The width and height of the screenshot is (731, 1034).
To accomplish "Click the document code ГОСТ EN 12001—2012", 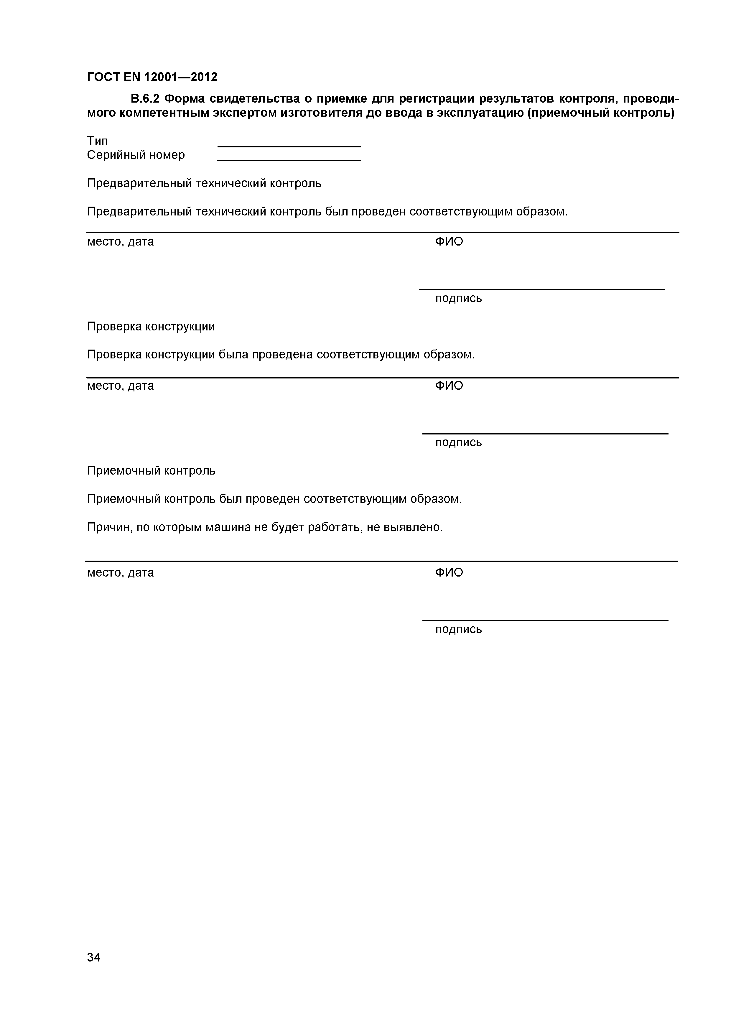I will pyautogui.click(x=152, y=78).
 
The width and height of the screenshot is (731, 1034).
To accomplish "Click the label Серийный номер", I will pyautogui.click(x=136, y=155).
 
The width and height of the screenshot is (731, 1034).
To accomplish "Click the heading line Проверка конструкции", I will pyautogui.click(x=151, y=327).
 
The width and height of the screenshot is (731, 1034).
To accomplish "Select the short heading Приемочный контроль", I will pyautogui.click(x=151, y=471).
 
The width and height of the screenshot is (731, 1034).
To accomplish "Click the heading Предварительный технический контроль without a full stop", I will pyautogui.click(x=204, y=183).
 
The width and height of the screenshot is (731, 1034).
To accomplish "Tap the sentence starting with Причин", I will pyautogui.click(x=265, y=527).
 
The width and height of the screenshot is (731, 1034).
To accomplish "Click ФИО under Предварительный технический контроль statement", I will pyautogui.click(x=449, y=242).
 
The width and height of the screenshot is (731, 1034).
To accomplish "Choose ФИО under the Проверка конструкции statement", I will pyautogui.click(x=449, y=386).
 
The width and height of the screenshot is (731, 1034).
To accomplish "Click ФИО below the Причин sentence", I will pyautogui.click(x=449, y=573).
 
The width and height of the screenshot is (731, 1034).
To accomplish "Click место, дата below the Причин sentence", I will pyautogui.click(x=120, y=573).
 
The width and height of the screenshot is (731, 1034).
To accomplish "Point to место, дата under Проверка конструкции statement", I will pyautogui.click(x=120, y=386).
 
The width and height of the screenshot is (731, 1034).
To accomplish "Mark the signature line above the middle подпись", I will pyautogui.click(x=545, y=434).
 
